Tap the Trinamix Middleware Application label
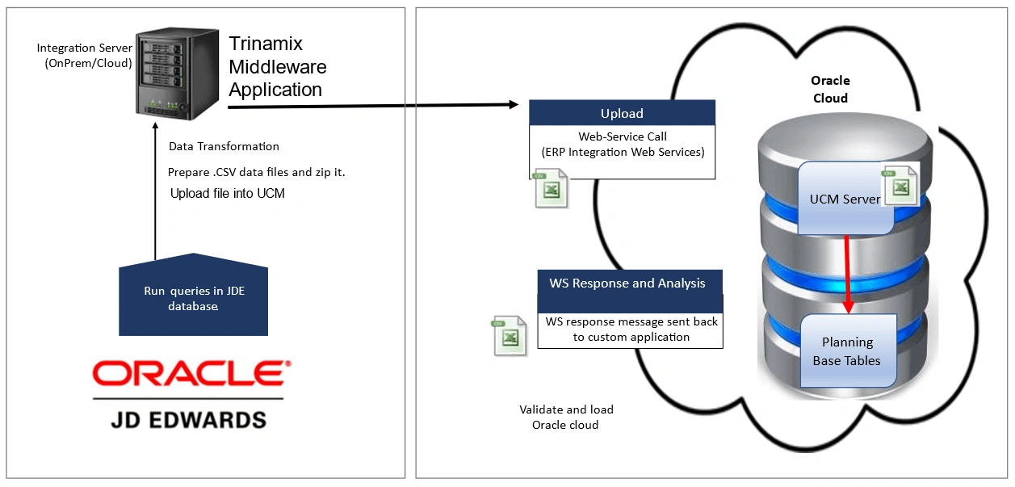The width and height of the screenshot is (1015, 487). (x=277, y=66)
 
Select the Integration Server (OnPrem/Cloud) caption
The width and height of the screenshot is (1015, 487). (x=84, y=56)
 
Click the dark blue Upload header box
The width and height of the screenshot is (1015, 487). (x=622, y=113)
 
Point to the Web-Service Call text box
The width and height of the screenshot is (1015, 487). (x=622, y=144)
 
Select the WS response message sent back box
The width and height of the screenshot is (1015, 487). (x=631, y=329)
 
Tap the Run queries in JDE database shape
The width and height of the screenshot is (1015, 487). (x=193, y=298)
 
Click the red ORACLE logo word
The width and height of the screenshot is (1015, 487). (x=191, y=375)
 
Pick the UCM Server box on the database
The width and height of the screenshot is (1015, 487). (x=844, y=199)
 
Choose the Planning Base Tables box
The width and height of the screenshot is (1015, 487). (x=847, y=351)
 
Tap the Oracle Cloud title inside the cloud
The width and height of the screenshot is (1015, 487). (x=830, y=89)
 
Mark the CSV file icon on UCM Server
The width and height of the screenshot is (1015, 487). (x=900, y=185)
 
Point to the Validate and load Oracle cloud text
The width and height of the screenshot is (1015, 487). (x=565, y=417)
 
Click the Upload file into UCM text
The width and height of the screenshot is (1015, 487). (x=227, y=194)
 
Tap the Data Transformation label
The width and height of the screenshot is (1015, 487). (x=224, y=146)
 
